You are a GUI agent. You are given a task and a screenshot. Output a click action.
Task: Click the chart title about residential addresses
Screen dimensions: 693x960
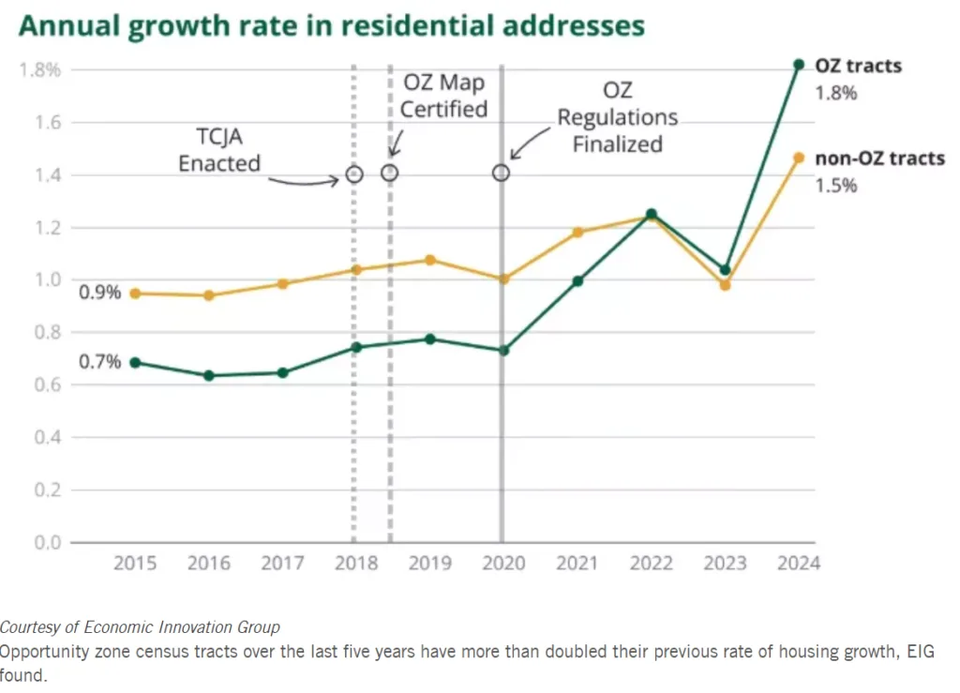coord(332,25)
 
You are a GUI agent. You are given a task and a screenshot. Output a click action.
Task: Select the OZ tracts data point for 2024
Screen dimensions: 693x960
coord(799,65)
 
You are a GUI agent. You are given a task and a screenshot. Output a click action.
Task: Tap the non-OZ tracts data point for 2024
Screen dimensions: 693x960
coord(799,158)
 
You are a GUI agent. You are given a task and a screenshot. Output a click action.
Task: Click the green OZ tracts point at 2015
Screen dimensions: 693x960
coord(135,362)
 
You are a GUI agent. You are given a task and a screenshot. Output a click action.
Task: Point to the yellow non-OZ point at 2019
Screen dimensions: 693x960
coord(430,260)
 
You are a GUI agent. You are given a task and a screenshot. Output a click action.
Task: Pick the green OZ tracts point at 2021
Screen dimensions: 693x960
coord(577,280)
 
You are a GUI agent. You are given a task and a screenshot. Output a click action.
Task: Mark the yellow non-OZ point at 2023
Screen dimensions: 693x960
coord(725,285)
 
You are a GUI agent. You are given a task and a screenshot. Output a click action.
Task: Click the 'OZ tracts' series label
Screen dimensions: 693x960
coord(859,66)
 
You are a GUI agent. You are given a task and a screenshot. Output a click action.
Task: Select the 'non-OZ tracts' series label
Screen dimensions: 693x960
coord(879,158)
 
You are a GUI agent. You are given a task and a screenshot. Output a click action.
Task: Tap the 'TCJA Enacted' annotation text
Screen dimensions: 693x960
coord(219,151)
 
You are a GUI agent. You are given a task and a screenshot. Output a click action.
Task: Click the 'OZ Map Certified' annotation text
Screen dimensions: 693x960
coord(444,96)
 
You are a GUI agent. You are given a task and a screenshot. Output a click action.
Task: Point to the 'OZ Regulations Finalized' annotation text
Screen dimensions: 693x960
coord(618,117)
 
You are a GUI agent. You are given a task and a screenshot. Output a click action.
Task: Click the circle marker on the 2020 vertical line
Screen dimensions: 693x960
coord(502,173)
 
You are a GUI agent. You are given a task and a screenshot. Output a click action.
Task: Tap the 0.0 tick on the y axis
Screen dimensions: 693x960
coord(47,543)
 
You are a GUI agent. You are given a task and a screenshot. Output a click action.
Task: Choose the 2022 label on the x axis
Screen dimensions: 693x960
coord(651,563)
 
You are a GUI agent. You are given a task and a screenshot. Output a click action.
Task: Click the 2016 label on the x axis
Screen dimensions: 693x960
coord(209,563)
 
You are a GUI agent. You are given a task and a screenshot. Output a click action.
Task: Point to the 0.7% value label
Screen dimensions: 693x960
coord(100,361)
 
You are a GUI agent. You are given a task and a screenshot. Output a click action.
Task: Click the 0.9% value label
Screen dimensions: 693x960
coord(100,293)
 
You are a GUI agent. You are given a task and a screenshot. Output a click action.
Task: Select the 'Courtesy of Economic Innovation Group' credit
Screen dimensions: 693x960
coord(140,626)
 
